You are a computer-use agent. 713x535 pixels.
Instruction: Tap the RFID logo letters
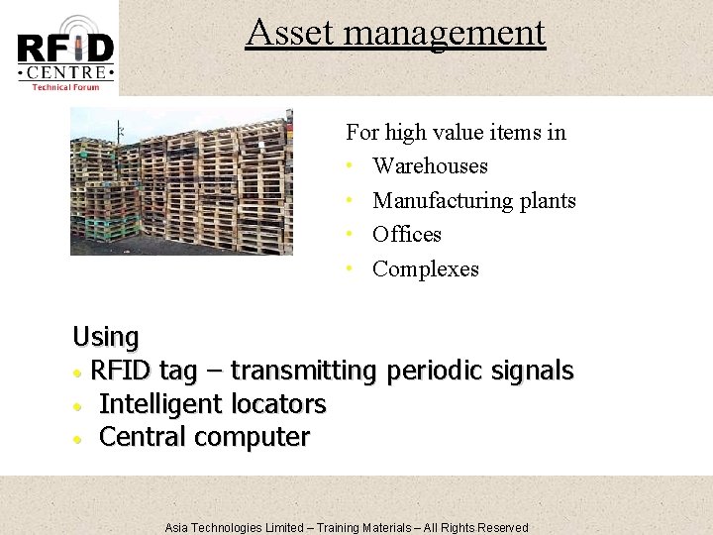tap(65, 48)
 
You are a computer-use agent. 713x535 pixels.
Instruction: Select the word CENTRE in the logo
tap(65, 72)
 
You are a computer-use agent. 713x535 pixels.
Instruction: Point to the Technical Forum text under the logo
tap(65, 87)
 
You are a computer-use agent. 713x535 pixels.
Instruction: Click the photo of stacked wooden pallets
tap(181, 182)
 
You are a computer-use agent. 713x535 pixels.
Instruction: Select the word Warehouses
tap(430, 166)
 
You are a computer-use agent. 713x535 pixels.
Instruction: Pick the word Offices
tap(406, 235)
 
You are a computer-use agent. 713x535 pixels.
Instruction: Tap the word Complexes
tap(425, 269)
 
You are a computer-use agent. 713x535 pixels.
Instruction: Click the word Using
tap(106, 338)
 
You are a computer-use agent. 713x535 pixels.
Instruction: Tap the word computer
tap(255, 437)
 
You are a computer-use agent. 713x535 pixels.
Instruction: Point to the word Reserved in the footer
tap(503, 528)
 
